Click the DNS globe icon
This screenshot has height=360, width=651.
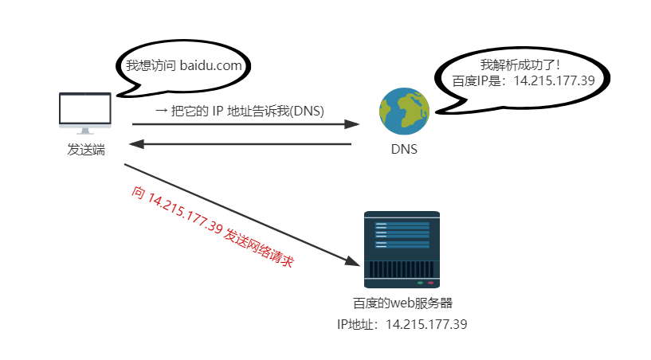(x=404, y=112)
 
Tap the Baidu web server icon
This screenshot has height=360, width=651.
(x=402, y=249)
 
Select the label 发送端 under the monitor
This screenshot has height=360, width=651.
(x=86, y=149)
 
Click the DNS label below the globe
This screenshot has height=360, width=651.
(x=404, y=149)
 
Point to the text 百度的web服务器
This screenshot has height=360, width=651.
(x=402, y=303)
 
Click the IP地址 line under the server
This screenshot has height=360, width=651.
(x=402, y=324)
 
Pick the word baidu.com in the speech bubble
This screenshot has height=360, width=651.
(x=210, y=66)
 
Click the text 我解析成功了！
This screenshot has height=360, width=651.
(x=521, y=64)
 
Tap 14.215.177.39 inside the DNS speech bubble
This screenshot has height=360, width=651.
(x=554, y=80)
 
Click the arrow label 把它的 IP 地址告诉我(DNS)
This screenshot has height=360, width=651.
(x=238, y=111)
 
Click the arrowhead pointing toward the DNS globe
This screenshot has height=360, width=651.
(x=352, y=124)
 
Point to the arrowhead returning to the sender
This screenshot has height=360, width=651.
(x=138, y=145)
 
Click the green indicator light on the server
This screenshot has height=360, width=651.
(x=420, y=282)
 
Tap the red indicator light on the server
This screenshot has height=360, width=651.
(x=431, y=282)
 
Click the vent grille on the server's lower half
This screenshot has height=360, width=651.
(x=402, y=268)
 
